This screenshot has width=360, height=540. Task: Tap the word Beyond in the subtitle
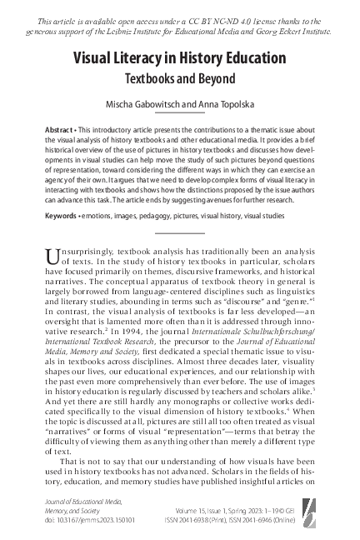(216, 79)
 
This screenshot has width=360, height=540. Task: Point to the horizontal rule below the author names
(179, 116)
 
